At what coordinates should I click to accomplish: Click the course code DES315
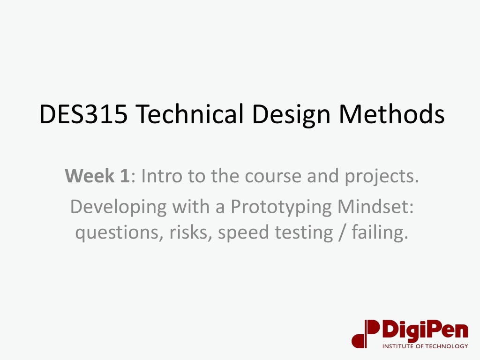pos(83,114)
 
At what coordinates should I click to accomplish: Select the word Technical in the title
pos(189,113)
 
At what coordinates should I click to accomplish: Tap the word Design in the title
pos(291,114)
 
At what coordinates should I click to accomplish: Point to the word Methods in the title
pos(392,113)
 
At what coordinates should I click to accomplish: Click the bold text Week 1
pos(97,176)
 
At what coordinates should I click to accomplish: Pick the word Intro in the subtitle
pos(162,176)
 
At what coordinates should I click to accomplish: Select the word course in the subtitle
pos(273,176)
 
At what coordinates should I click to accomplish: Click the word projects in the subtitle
pos(382,177)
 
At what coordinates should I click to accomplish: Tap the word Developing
pos(119,207)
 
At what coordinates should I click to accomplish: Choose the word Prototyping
pos(281,207)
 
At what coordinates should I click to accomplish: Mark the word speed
pos(243,233)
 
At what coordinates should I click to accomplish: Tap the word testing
pos(304,233)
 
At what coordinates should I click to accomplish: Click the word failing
pos(380,232)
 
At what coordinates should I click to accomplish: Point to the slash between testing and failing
pos(342,232)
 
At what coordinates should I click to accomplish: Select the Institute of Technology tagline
pos(425,346)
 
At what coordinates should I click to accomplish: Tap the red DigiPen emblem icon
pos(366,334)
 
